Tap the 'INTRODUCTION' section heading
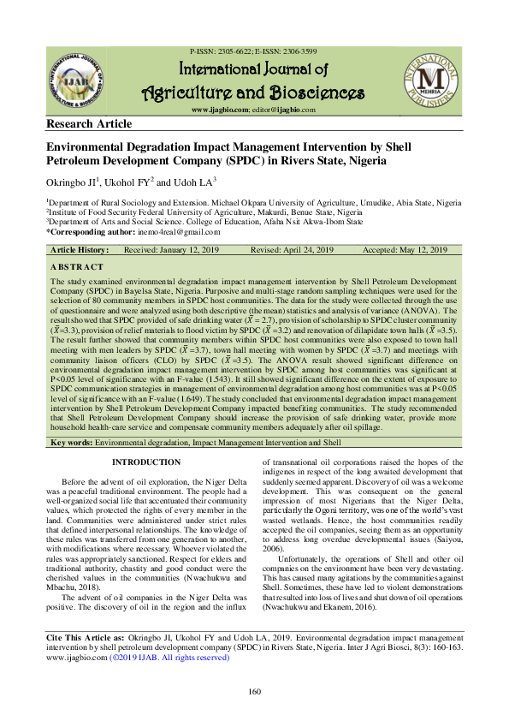(146, 463)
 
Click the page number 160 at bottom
(253, 693)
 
